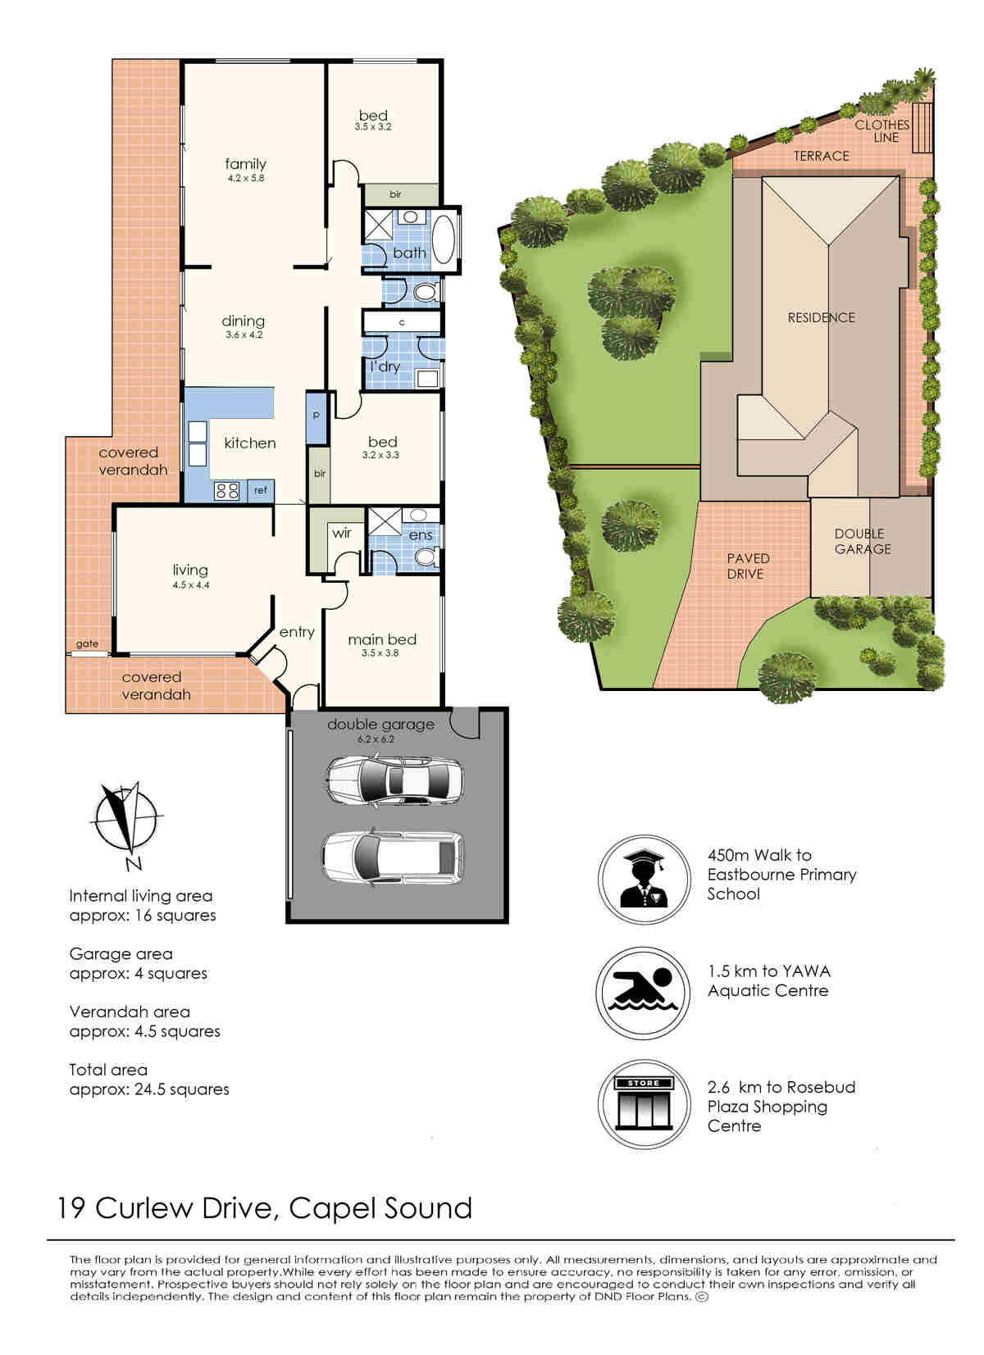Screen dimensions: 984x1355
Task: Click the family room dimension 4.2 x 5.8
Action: coord(246,179)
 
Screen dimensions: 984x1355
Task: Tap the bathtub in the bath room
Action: coord(444,239)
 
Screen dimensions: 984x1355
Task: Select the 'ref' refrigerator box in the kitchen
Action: coord(261,490)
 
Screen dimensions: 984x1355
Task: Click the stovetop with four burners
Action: coord(227,490)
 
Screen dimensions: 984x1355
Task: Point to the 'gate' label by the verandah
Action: coord(87,644)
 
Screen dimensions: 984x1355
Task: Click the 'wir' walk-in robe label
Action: coord(342,533)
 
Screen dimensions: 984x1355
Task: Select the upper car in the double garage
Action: coord(396,780)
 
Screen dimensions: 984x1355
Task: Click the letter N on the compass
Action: coord(134,865)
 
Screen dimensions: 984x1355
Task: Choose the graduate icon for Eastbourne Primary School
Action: coord(644,879)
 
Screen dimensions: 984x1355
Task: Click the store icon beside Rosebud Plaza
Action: coord(644,1104)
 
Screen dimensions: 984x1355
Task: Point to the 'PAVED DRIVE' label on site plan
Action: coord(748,566)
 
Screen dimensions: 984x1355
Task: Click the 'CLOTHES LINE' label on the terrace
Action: coord(882,131)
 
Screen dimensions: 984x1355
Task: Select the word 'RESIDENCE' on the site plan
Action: coord(821,317)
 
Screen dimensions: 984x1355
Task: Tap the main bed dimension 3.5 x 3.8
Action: coord(380,652)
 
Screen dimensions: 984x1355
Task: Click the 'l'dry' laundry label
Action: coord(385,366)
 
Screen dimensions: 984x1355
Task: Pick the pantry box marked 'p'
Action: coord(316,417)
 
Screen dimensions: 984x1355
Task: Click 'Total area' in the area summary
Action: coord(108,1070)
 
